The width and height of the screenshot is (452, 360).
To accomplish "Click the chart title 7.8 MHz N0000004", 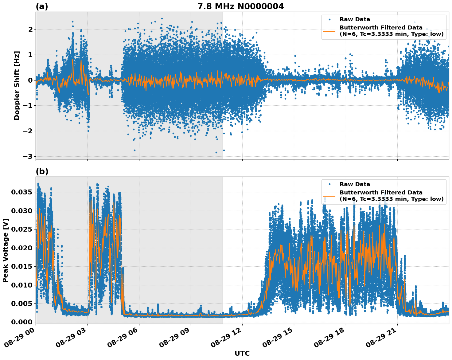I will (240, 6).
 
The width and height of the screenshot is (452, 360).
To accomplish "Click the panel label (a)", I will (42, 6).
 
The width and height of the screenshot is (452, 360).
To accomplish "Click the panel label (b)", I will (42, 171).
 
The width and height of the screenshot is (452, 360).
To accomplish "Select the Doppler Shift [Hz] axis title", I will (17, 85).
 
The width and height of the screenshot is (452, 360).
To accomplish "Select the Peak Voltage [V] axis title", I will (6, 250).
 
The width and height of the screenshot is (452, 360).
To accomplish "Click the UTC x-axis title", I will (242, 353).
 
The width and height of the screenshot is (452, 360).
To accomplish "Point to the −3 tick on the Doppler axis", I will (28, 157).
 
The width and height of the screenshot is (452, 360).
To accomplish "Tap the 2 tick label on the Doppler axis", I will (30, 29).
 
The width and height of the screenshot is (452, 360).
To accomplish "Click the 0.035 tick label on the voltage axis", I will (21, 192).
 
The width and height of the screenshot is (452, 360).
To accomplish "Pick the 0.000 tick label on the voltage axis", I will (21, 322).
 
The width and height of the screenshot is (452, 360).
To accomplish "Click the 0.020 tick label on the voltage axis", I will (21, 248).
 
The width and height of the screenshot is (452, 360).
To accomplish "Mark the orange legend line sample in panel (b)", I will (329, 196).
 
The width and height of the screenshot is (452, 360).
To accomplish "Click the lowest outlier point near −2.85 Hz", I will (216, 152).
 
